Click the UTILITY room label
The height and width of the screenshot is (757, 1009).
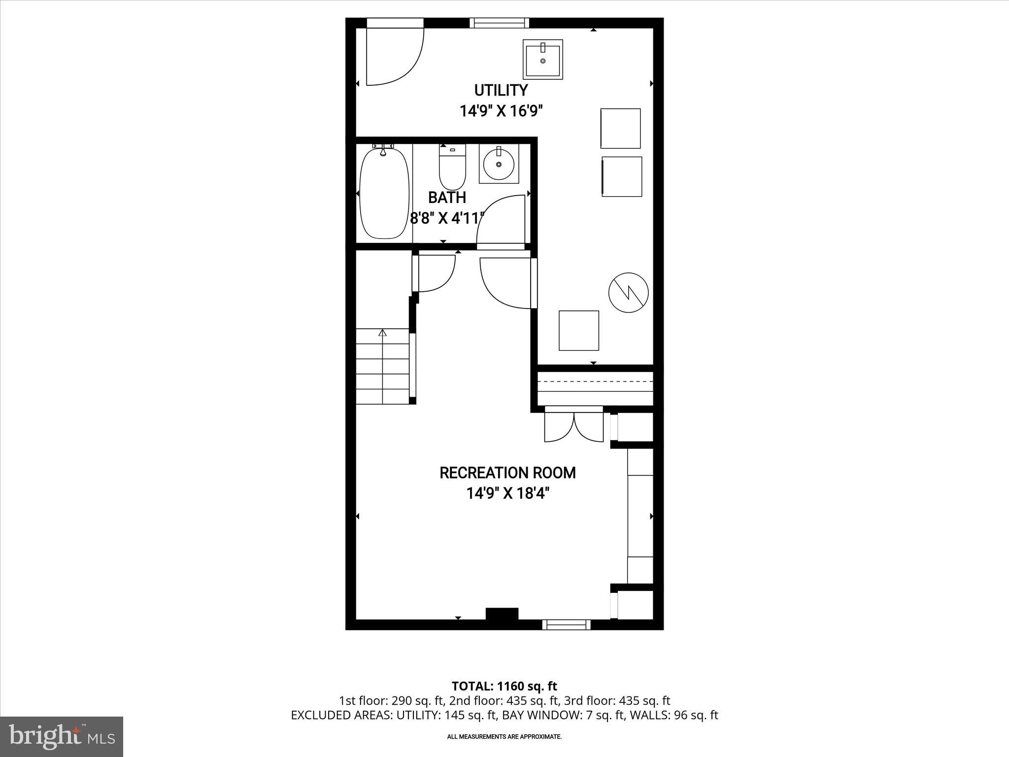501,91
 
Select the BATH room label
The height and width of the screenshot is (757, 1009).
447,198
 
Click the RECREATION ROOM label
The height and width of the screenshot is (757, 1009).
507,473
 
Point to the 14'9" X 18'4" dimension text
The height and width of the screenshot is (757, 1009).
507,493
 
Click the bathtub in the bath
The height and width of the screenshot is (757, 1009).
384,194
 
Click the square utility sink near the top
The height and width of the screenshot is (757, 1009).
542,60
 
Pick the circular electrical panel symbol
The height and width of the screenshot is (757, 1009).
628,292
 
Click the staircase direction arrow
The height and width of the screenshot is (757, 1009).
382,334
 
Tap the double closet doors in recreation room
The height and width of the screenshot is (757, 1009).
574,425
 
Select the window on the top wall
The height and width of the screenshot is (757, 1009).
499,23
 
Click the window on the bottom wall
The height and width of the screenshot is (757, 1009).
566,624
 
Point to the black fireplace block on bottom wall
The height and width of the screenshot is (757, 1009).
502,614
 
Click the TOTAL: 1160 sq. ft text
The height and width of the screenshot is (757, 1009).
504,686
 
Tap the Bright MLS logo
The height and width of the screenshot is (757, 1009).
62,736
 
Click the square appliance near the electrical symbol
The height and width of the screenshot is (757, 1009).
578,331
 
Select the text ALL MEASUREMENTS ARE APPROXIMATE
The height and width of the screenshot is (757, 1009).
504,737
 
